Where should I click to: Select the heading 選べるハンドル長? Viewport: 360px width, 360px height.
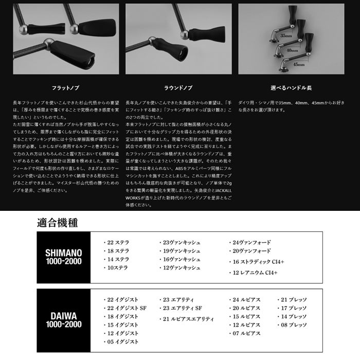click(x=298, y=88)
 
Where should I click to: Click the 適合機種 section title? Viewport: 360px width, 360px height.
click(x=58, y=224)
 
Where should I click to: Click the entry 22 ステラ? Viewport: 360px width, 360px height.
click(x=118, y=242)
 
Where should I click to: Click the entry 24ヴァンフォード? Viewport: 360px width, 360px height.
click(x=251, y=242)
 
